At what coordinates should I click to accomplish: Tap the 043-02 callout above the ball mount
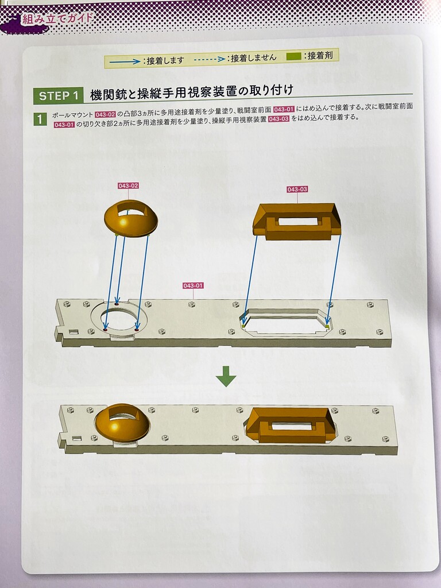coord(128,185)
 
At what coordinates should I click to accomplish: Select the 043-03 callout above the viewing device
coord(297,189)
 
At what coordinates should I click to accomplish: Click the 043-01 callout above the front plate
coord(193,286)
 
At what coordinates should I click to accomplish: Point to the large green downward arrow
coord(226,376)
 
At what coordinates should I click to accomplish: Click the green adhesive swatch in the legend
coord(293,57)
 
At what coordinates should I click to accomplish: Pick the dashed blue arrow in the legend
coord(210,59)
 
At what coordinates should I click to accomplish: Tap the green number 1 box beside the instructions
coord(40,119)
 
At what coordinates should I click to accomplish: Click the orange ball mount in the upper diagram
coord(131,219)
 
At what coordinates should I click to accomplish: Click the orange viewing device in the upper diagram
coord(297,222)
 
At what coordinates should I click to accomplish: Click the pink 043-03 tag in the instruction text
coord(278,119)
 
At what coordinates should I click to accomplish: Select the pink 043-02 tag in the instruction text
coord(105,114)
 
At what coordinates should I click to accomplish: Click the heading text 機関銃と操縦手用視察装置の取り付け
coord(192,92)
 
